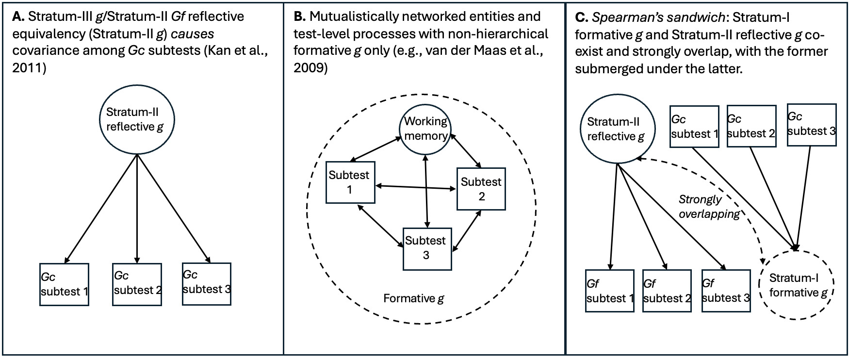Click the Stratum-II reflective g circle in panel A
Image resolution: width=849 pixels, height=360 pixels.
click(137, 119)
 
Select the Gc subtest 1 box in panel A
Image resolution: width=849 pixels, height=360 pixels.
click(64, 284)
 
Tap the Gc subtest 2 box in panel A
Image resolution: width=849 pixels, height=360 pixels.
click(137, 284)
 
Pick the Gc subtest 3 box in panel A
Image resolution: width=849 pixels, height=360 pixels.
click(207, 284)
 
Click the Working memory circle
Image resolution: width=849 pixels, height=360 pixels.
click(425, 129)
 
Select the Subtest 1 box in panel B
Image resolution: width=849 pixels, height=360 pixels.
click(350, 182)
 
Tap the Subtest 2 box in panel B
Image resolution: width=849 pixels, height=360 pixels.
click(481, 189)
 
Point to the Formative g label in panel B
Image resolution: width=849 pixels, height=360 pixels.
click(413, 298)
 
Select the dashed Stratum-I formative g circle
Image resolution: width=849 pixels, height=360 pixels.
click(796, 285)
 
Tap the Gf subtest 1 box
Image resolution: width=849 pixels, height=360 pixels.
click(610, 291)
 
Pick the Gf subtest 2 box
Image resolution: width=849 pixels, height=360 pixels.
click(667, 291)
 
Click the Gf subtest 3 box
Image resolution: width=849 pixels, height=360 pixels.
click(726, 291)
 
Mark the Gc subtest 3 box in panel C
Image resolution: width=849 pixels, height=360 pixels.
click(811, 125)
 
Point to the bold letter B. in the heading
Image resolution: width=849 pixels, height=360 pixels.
click(299, 16)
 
